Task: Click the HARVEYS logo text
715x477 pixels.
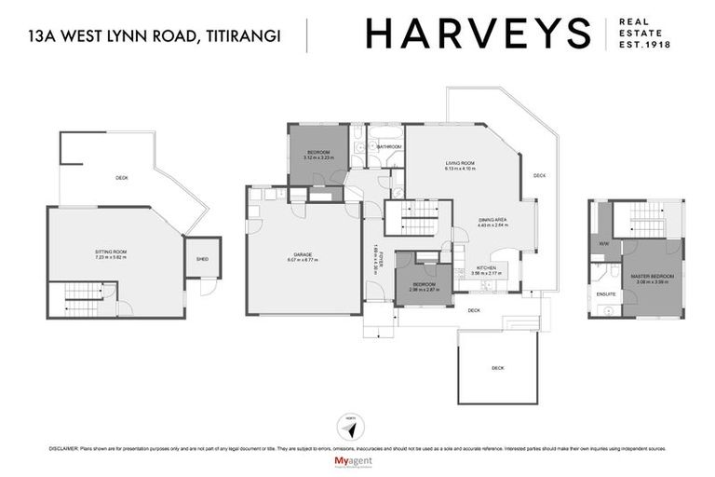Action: point(478,34)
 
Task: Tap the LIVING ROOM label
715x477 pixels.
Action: point(459,163)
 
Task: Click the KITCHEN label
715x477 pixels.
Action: point(487,267)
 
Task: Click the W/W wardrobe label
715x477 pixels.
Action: point(604,244)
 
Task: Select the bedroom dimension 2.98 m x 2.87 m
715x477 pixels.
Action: point(424,290)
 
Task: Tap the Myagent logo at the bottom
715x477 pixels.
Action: point(357,461)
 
